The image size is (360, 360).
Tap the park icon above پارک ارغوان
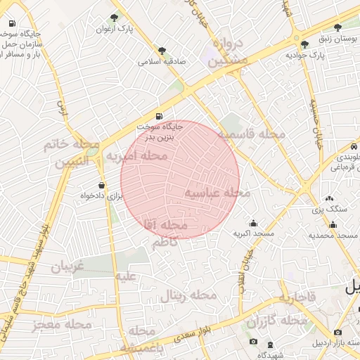[x=115, y=18]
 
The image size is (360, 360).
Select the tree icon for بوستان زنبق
[x=338, y=27]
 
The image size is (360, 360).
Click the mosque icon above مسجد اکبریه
[x=253, y=223]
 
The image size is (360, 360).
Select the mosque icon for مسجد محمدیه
[x=333, y=225]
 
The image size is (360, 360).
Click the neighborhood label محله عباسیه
[x=218, y=192]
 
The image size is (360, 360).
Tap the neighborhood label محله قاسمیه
[x=250, y=134]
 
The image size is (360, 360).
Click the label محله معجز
[x=62, y=325]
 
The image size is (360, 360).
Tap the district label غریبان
[x=67, y=266]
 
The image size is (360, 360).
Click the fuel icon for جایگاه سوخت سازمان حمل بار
[x=12, y=22]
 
